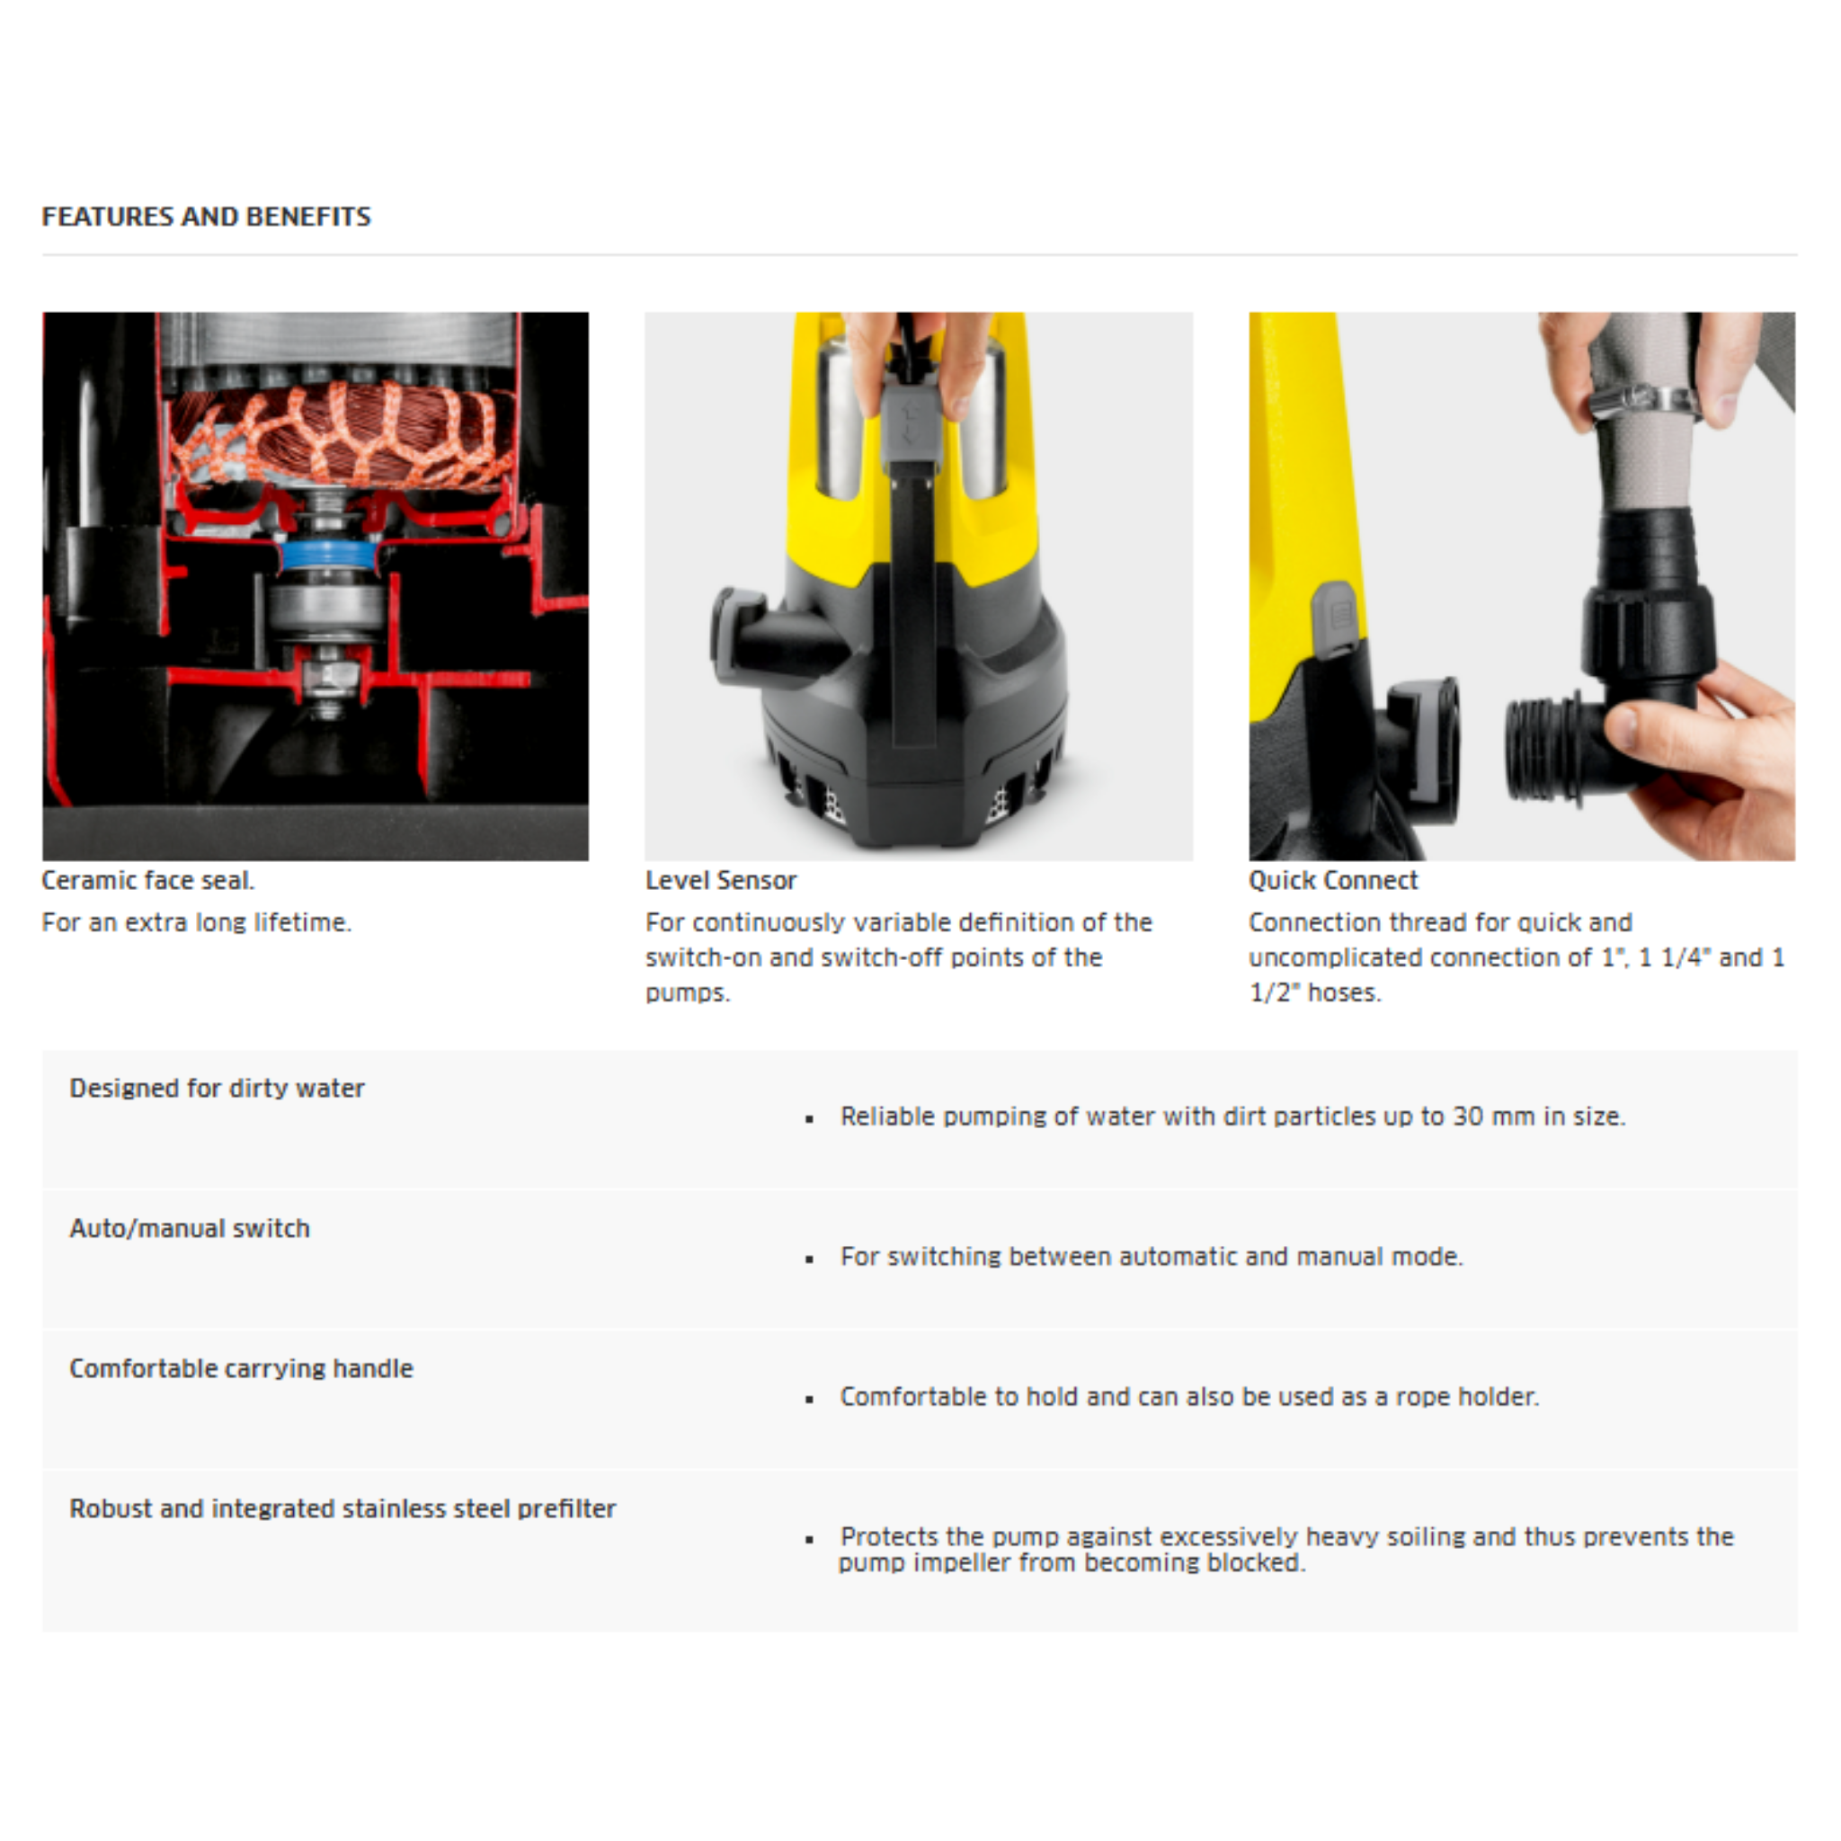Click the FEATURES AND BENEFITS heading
pyautogui.click(x=206, y=217)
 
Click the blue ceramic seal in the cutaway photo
pyautogui.click(x=327, y=556)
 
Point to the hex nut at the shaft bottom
pyautogui.click(x=327, y=679)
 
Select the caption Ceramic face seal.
pyautogui.click(x=147, y=879)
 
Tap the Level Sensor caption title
pyautogui.click(x=720, y=879)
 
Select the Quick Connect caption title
pyautogui.click(x=1332, y=879)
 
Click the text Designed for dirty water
pyautogui.click(x=217, y=1088)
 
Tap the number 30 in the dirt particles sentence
pyautogui.click(x=1467, y=1116)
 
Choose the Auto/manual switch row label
pyautogui.click(x=190, y=1227)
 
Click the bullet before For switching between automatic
pyautogui.click(x=809, y=1258)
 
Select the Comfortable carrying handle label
pyautogui.click(x=241, y=1367)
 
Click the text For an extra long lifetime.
pyautogui.click(x=196, y=921)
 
